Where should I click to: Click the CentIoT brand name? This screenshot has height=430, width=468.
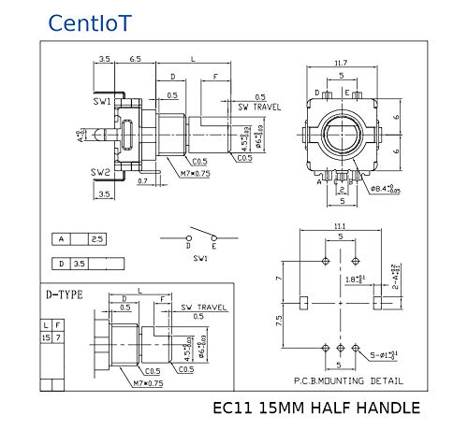tap(72, 22)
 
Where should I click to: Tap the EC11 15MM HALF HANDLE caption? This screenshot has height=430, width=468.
tap(316, 408)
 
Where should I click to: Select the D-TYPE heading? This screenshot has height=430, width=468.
tap(65, 295)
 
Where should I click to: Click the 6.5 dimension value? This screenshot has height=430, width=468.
tap(135, 59)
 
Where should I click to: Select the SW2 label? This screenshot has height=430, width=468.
tap(101, 173)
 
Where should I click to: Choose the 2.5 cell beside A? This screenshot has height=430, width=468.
tap(95, 239)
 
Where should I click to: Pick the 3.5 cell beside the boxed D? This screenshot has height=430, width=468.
tap(80, 265)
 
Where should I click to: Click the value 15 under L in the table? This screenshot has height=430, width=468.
tap(46, 335)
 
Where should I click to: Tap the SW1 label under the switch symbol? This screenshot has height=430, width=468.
tap(199, 256)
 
